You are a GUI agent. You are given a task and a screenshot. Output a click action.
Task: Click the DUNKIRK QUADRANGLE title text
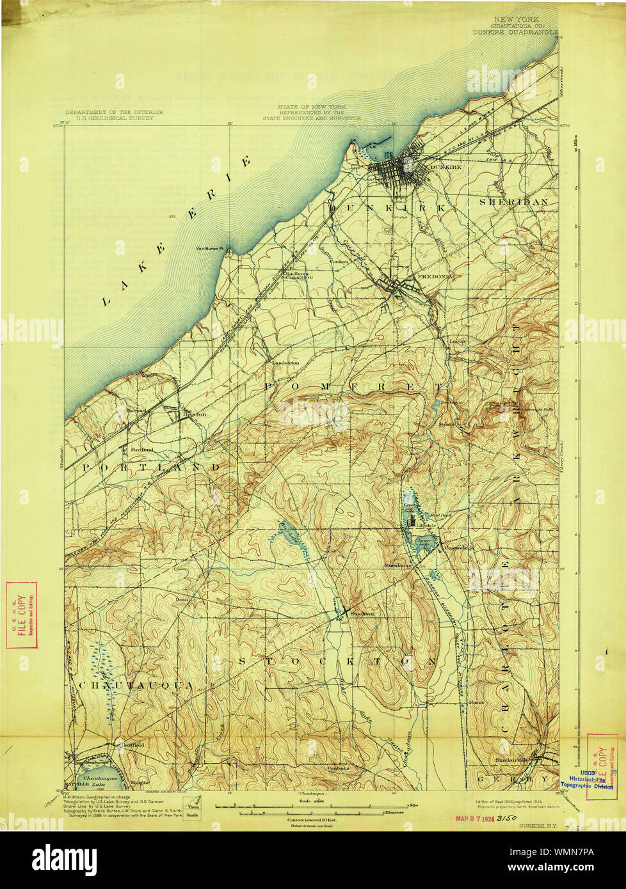(515, 31)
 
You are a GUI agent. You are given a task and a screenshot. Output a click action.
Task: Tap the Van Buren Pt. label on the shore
(212, 249)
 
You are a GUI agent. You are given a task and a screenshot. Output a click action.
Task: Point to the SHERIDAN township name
(513, 201)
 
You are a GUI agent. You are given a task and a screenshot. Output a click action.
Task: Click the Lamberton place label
(285, 363)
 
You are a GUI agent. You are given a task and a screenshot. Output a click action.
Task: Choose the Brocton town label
(195, 414)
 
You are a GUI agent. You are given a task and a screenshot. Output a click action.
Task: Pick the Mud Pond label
(442, 514)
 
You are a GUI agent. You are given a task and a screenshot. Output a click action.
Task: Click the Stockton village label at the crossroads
(362, 614)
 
